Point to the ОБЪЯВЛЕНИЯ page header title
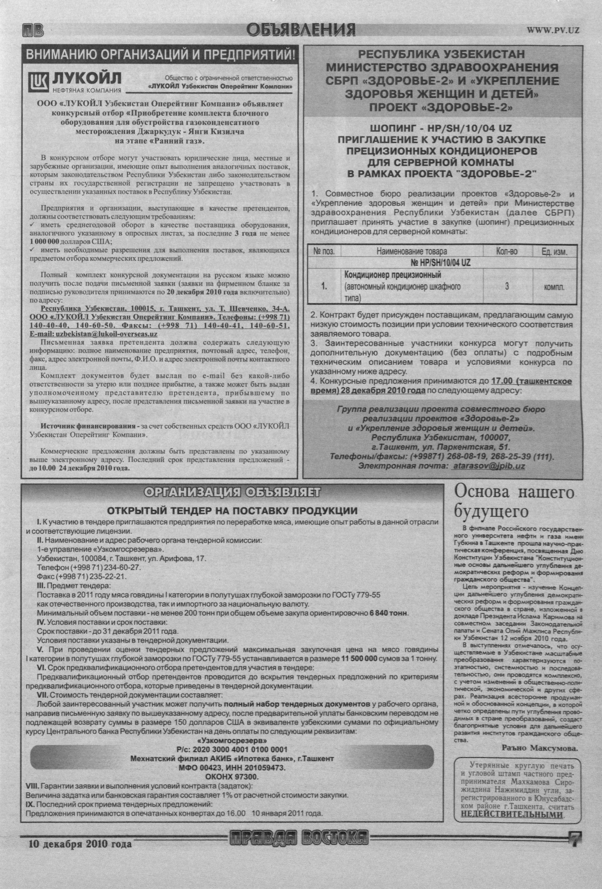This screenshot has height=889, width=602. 301,30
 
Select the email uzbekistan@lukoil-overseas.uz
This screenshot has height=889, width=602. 94,334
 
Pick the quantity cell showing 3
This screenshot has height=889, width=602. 507,286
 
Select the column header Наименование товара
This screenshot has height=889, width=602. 411,251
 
